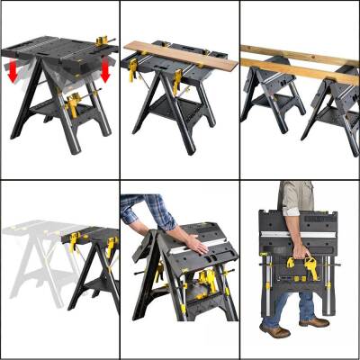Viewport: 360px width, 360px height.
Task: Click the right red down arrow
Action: [105, 71]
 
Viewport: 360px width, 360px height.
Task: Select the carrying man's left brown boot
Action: [313, 322]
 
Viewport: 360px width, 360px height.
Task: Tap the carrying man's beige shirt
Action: [298, 194]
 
